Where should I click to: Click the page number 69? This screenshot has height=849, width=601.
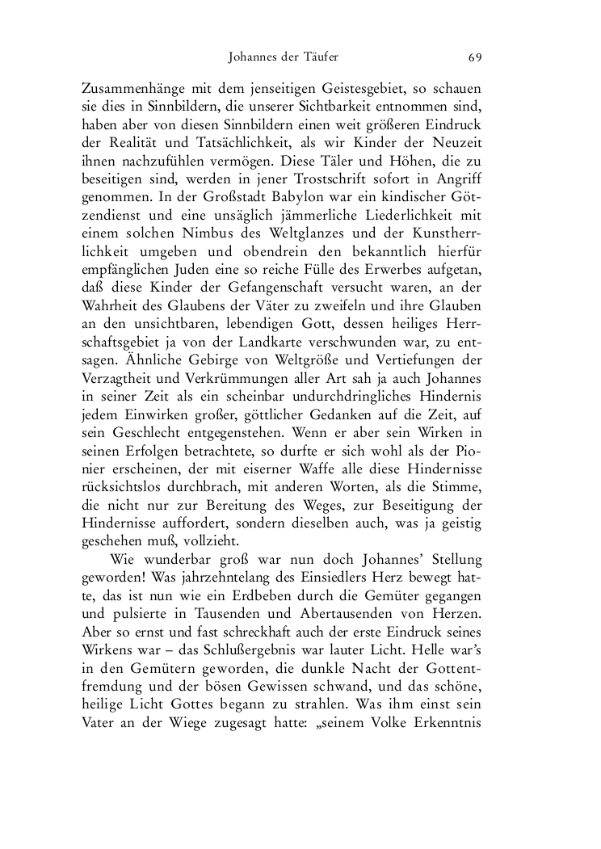[475, 57]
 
